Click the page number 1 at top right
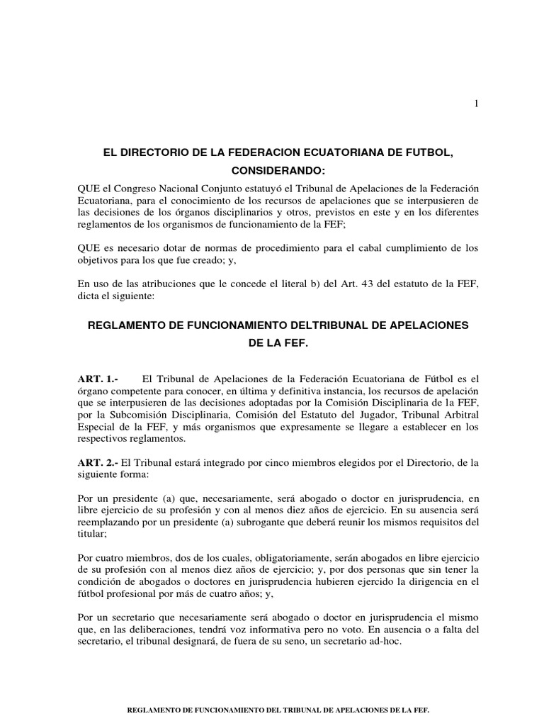(477, 104)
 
